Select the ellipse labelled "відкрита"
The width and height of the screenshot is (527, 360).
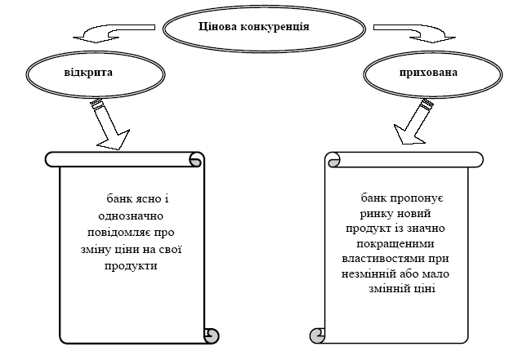tap(88, 73)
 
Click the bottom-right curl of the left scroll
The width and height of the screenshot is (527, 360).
tap(211, 335)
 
